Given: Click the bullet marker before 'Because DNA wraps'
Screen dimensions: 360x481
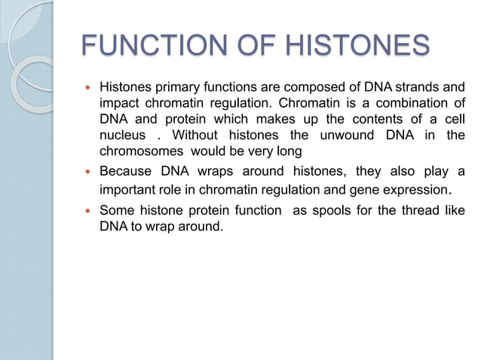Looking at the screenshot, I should point(84,170).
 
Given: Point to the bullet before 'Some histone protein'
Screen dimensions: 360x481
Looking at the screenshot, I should point(84,212).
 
